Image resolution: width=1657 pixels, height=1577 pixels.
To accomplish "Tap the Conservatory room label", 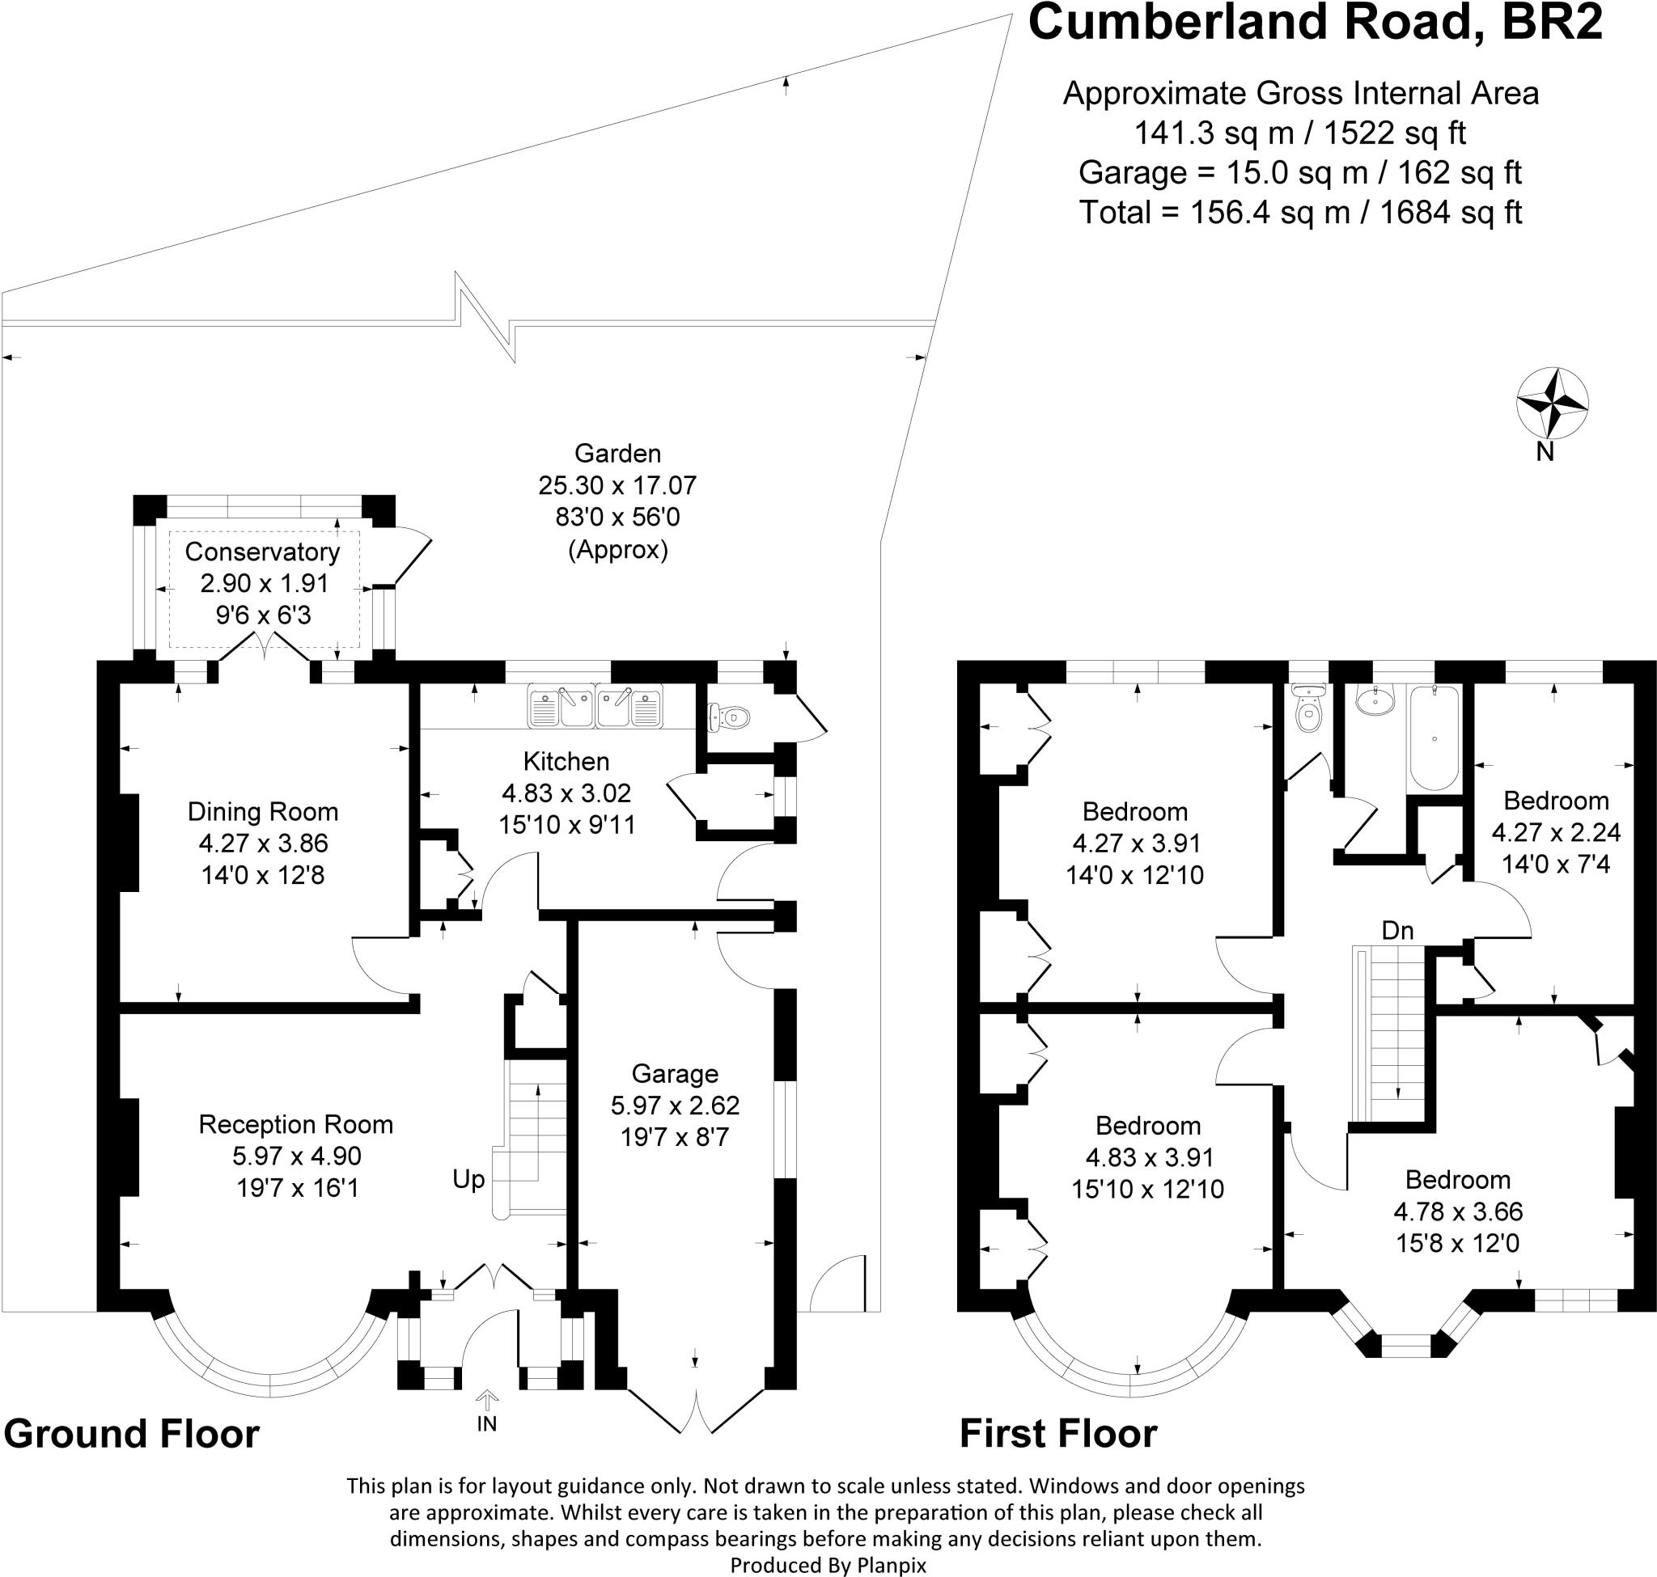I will [x=262, y=552].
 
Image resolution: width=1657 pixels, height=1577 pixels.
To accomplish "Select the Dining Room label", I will [x=262, y=812].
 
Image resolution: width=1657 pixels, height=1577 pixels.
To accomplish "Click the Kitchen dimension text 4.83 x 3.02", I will [x=566, y=793].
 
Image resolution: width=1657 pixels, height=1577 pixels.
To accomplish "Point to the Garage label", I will [x=675, y=1073].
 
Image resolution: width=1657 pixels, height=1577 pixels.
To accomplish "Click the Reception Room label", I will [x=295, y=1124].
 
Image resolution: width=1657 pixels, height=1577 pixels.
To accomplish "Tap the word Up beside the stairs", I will [x=468, y=1179].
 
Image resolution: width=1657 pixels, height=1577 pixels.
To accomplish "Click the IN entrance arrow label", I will [x=486, y=1423].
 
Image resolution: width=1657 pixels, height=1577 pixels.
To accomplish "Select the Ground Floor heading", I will [x=132, y=1432].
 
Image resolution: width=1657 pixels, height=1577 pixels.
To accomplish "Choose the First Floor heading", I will [x=1058, y=1432].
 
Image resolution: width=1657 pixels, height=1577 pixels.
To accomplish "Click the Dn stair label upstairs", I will [x=1397, y=931].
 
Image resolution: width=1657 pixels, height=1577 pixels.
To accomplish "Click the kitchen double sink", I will [x=595, y=706].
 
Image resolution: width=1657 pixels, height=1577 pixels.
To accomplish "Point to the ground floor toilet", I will [x=727, y=717].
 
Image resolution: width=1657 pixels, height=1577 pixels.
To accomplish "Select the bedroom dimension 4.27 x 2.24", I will [x=1555, y=832].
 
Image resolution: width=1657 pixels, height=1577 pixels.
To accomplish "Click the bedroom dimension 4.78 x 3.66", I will [x=1458, y=1211].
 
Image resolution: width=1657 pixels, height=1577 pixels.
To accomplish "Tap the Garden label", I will [x=617, y=454].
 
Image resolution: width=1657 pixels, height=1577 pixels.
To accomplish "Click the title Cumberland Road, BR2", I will [x=1316, y=23].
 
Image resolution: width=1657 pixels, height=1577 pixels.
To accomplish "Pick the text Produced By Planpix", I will [x=828, y=1565].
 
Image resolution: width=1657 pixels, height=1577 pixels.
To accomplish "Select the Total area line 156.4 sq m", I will [x=1300, y=213].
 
